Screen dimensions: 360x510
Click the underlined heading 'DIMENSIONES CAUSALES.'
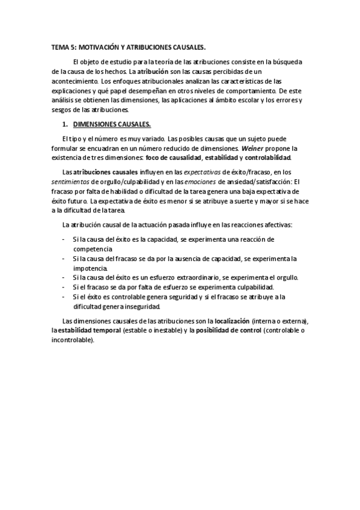tap(112, 124)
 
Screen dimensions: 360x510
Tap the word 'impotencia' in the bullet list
tap(90, 268)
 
